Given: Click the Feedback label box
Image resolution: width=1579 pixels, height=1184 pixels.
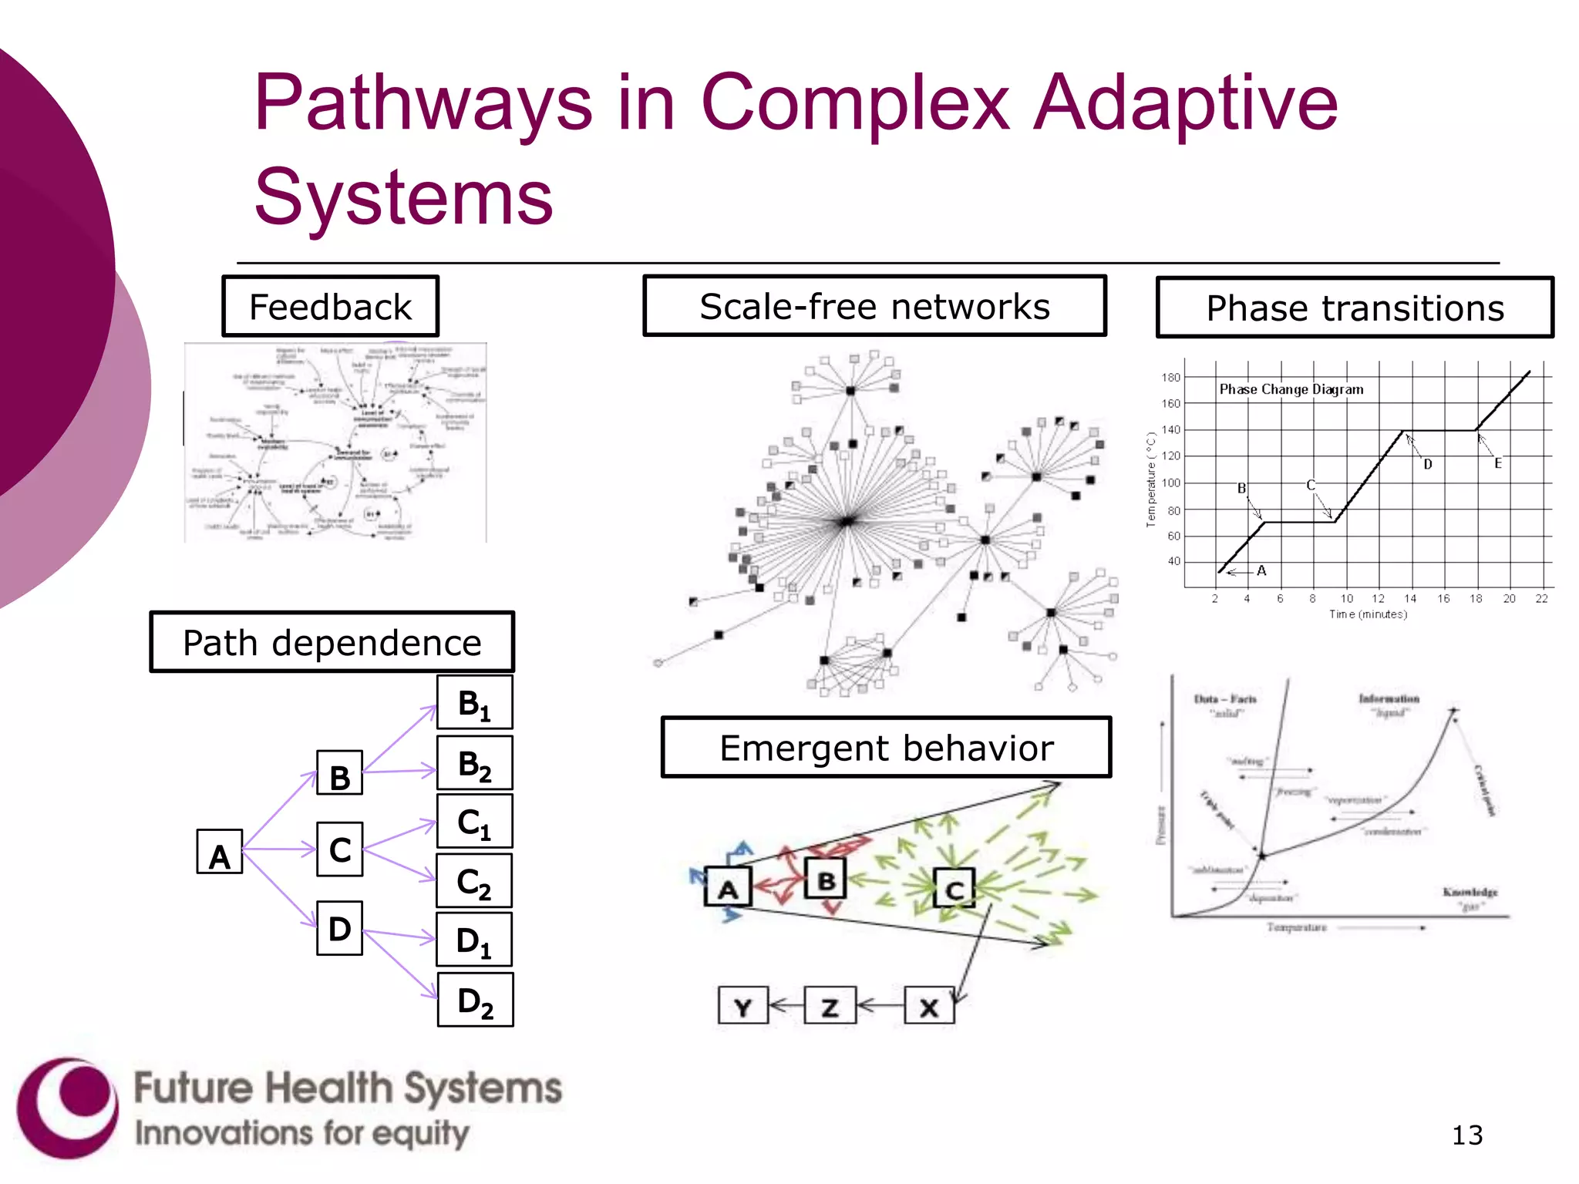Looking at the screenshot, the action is point(331,307).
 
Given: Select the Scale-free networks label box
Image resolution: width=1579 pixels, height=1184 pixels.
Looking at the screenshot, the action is point(874,306).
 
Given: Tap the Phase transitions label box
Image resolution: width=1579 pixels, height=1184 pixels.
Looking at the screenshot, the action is point(1355,308).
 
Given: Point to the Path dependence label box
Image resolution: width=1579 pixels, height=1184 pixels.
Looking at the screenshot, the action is point(332,642).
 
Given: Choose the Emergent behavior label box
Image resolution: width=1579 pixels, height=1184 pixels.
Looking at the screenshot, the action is point(886,748).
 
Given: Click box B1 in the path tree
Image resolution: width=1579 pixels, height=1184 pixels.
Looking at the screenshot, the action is point(475,703).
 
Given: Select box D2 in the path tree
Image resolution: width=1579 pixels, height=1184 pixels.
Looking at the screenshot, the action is point(475,1001).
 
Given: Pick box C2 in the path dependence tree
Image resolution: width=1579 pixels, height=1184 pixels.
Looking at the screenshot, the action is point(474,881).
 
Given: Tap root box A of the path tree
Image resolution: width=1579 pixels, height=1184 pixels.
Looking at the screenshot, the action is point(220,852).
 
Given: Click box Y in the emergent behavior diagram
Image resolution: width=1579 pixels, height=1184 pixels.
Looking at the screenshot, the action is point(742,1005).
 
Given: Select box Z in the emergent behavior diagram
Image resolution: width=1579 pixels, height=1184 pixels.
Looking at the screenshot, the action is point(830,1005).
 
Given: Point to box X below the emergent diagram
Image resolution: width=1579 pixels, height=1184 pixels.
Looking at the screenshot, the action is point(929,1005).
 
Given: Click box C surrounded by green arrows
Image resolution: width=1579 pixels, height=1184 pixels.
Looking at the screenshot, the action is point(954,888).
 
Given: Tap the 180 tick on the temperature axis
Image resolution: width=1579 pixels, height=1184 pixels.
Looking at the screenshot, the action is point(1170,377).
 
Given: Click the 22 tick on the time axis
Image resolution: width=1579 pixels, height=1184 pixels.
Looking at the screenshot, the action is point(1541,598).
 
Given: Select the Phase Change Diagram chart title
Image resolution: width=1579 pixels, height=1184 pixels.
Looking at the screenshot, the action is point(1291,389).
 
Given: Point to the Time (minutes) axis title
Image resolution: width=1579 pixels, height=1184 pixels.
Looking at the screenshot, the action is point(1368,614).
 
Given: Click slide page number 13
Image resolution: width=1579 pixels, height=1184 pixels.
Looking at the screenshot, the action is point(1466,1135).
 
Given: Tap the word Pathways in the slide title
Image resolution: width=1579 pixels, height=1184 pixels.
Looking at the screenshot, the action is point(423,103).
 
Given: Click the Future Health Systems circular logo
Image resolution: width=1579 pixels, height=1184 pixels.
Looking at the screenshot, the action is point(68,1108).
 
